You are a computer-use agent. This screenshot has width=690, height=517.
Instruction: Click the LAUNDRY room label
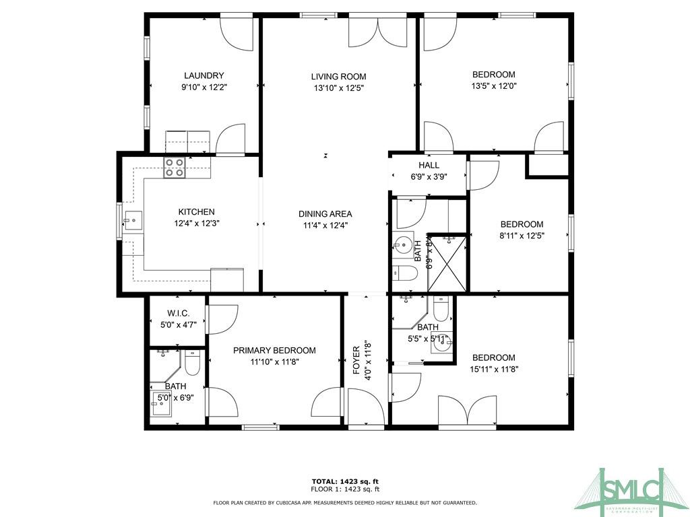click(203, 75)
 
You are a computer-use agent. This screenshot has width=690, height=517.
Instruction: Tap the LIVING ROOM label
click(338, 76)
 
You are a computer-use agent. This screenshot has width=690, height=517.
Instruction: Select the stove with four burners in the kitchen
click(175, 168)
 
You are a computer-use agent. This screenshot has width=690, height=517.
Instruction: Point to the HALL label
click(429, 165)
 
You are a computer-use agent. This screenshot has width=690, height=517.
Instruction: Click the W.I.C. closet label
click(178, 314)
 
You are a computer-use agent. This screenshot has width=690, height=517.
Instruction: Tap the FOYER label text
click(357, 360)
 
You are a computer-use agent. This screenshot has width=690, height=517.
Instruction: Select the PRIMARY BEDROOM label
click(274, 350)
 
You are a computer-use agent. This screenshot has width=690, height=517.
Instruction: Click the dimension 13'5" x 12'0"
click(494, 86)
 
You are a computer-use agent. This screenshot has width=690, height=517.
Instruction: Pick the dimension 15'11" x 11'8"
click(494, 369)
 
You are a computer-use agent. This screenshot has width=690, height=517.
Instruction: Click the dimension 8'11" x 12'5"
click(522, 236)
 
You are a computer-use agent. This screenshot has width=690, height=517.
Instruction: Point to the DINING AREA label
click(325, 214)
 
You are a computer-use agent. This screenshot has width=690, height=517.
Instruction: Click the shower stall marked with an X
click(447, 263)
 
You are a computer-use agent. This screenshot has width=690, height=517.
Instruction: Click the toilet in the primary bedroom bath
click(192, 364)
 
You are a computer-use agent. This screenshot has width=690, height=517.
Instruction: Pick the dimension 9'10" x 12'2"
click(203, 87)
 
